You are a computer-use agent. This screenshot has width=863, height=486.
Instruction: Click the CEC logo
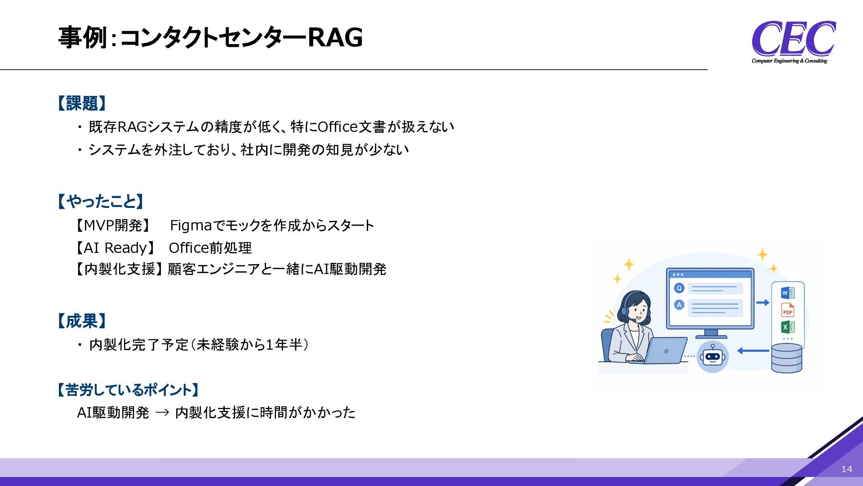coord(793,42)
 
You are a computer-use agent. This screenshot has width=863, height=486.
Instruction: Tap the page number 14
coord(847,469)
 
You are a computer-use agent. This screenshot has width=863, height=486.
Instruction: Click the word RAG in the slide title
coord(335,37)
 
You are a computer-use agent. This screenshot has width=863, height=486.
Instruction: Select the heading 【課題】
coord(81,103)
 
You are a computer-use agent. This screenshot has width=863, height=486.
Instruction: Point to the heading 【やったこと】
coord(100,201)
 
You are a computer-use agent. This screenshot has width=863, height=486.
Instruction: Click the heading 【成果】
coord(81,321)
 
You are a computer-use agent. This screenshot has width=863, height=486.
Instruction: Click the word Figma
coord(191,225)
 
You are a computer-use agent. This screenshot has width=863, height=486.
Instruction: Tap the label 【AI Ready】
coord(115,247)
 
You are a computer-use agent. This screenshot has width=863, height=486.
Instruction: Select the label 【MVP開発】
coord(113,225)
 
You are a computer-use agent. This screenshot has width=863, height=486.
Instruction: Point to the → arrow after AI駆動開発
coord(162,413)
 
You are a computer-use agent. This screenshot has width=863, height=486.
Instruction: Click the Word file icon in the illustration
coord(787,293)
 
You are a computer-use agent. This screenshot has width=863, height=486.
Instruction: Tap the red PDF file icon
coord(787,310)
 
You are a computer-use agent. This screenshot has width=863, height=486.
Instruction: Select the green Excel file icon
coord(787,327)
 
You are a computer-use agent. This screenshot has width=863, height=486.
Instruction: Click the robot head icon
coord(712,356)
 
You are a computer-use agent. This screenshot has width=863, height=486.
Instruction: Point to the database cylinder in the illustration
coord(787,358)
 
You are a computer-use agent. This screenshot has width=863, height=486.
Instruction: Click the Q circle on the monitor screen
coord(679,288)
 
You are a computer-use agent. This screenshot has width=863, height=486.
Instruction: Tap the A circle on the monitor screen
coord(679,305)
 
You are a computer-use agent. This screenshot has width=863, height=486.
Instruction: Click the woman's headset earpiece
coord(624,310)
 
